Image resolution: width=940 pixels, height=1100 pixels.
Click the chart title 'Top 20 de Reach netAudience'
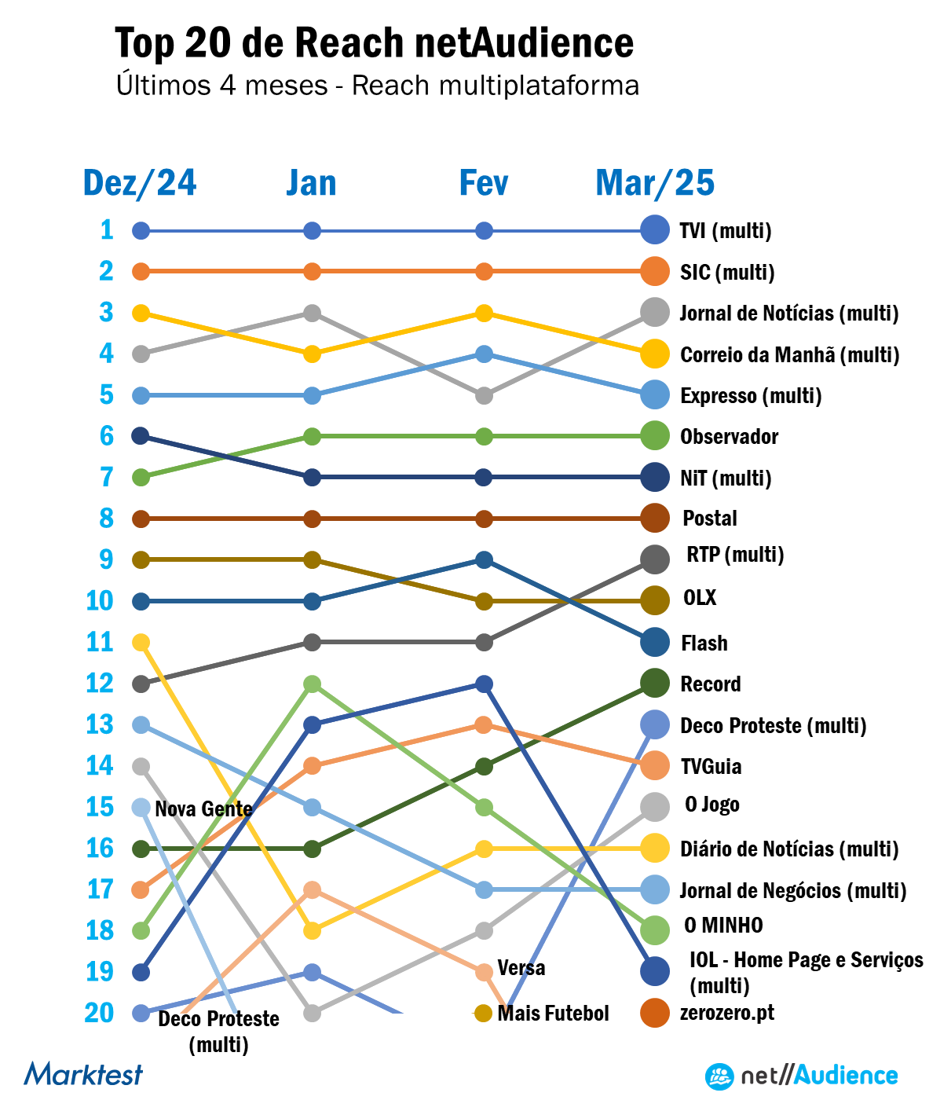pos(374,42)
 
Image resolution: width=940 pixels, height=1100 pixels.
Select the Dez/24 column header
pos(140,183)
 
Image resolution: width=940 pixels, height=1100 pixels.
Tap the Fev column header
pos(484,183)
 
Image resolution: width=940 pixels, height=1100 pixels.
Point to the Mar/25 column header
pos(655,183)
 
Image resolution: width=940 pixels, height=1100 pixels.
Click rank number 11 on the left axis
pos(100,643)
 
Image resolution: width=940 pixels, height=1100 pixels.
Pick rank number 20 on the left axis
pos(100,1014)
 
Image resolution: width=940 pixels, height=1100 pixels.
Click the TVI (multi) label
pos(726,231)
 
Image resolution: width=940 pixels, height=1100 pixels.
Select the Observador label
pos(729,437)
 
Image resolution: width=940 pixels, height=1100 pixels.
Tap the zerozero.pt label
pos(726,1013)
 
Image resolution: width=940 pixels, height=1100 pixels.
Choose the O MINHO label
pos(723,926)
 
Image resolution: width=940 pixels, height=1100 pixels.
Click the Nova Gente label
pos(203,808)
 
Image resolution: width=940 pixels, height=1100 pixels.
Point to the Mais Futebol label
pos(553,1014)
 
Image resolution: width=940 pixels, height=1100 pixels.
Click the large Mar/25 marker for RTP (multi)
pos(655,559)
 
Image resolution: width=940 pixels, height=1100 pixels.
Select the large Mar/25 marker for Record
pos(655,684)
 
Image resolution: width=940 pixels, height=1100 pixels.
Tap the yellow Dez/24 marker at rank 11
pos(141,643)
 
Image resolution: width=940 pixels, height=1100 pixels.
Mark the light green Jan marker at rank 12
pos(312,684)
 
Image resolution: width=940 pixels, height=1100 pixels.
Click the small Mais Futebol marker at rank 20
pos(484,1014)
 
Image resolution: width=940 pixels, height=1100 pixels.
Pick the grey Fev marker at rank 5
pos(484,395)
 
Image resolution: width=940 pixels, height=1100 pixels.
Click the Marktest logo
pos(83,1074)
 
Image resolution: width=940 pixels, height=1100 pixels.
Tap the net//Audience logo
pos(801,1076)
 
